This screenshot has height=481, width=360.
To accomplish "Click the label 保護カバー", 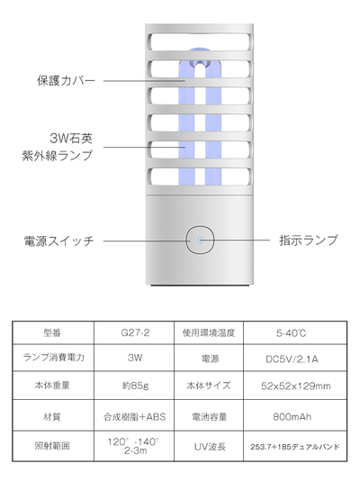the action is point(67,81).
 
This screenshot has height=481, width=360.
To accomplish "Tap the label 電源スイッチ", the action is point(58,240).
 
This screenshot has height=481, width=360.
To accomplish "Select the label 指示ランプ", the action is point(309,240).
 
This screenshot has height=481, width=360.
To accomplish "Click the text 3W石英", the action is point(71,139).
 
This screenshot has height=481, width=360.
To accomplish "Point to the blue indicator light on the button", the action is point(200,240).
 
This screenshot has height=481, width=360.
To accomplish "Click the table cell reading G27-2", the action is point(135,333).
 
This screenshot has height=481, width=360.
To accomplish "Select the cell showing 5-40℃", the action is point(291,333).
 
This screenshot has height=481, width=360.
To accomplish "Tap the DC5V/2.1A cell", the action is point(292,359).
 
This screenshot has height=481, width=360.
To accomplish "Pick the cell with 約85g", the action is point(135,386).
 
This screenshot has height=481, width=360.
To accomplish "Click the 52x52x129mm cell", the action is point(296,386).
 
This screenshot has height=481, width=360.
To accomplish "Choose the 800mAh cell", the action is point(292,416).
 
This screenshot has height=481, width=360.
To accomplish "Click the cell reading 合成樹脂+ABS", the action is point(134,417).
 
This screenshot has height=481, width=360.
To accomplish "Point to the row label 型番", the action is point(52,333).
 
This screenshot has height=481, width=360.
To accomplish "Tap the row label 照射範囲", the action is point(52,446).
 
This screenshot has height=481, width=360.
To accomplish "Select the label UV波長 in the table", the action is point(210,447).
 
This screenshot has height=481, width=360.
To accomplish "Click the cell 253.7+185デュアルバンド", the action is point(295,447).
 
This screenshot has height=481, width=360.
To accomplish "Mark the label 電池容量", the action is point(210,417).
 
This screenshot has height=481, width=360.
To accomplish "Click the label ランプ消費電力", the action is point(54,358).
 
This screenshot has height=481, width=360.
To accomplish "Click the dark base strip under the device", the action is point(200,286).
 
